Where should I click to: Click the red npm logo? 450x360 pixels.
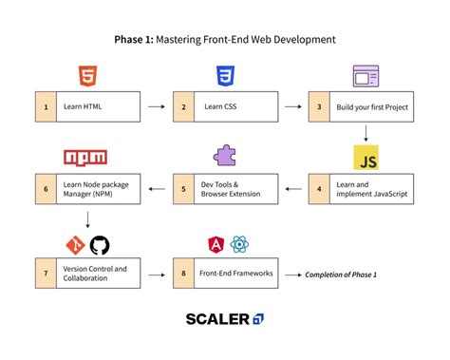click(x=86, y=158)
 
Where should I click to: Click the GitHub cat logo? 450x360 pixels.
click(x=100, y=244)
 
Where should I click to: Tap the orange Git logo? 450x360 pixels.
click(x=74, y=244)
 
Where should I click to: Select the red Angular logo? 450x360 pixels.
click(x=215, y=245)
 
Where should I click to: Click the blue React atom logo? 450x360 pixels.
click(x=238, y=245)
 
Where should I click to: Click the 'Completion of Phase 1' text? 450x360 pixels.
click(x=341, y=275)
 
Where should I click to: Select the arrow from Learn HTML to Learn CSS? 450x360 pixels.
click(x=156, y=106)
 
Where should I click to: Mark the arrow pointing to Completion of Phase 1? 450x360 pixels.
click(x=291, y=275)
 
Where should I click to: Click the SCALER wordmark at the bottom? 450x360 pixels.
click(x=217, y=319)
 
